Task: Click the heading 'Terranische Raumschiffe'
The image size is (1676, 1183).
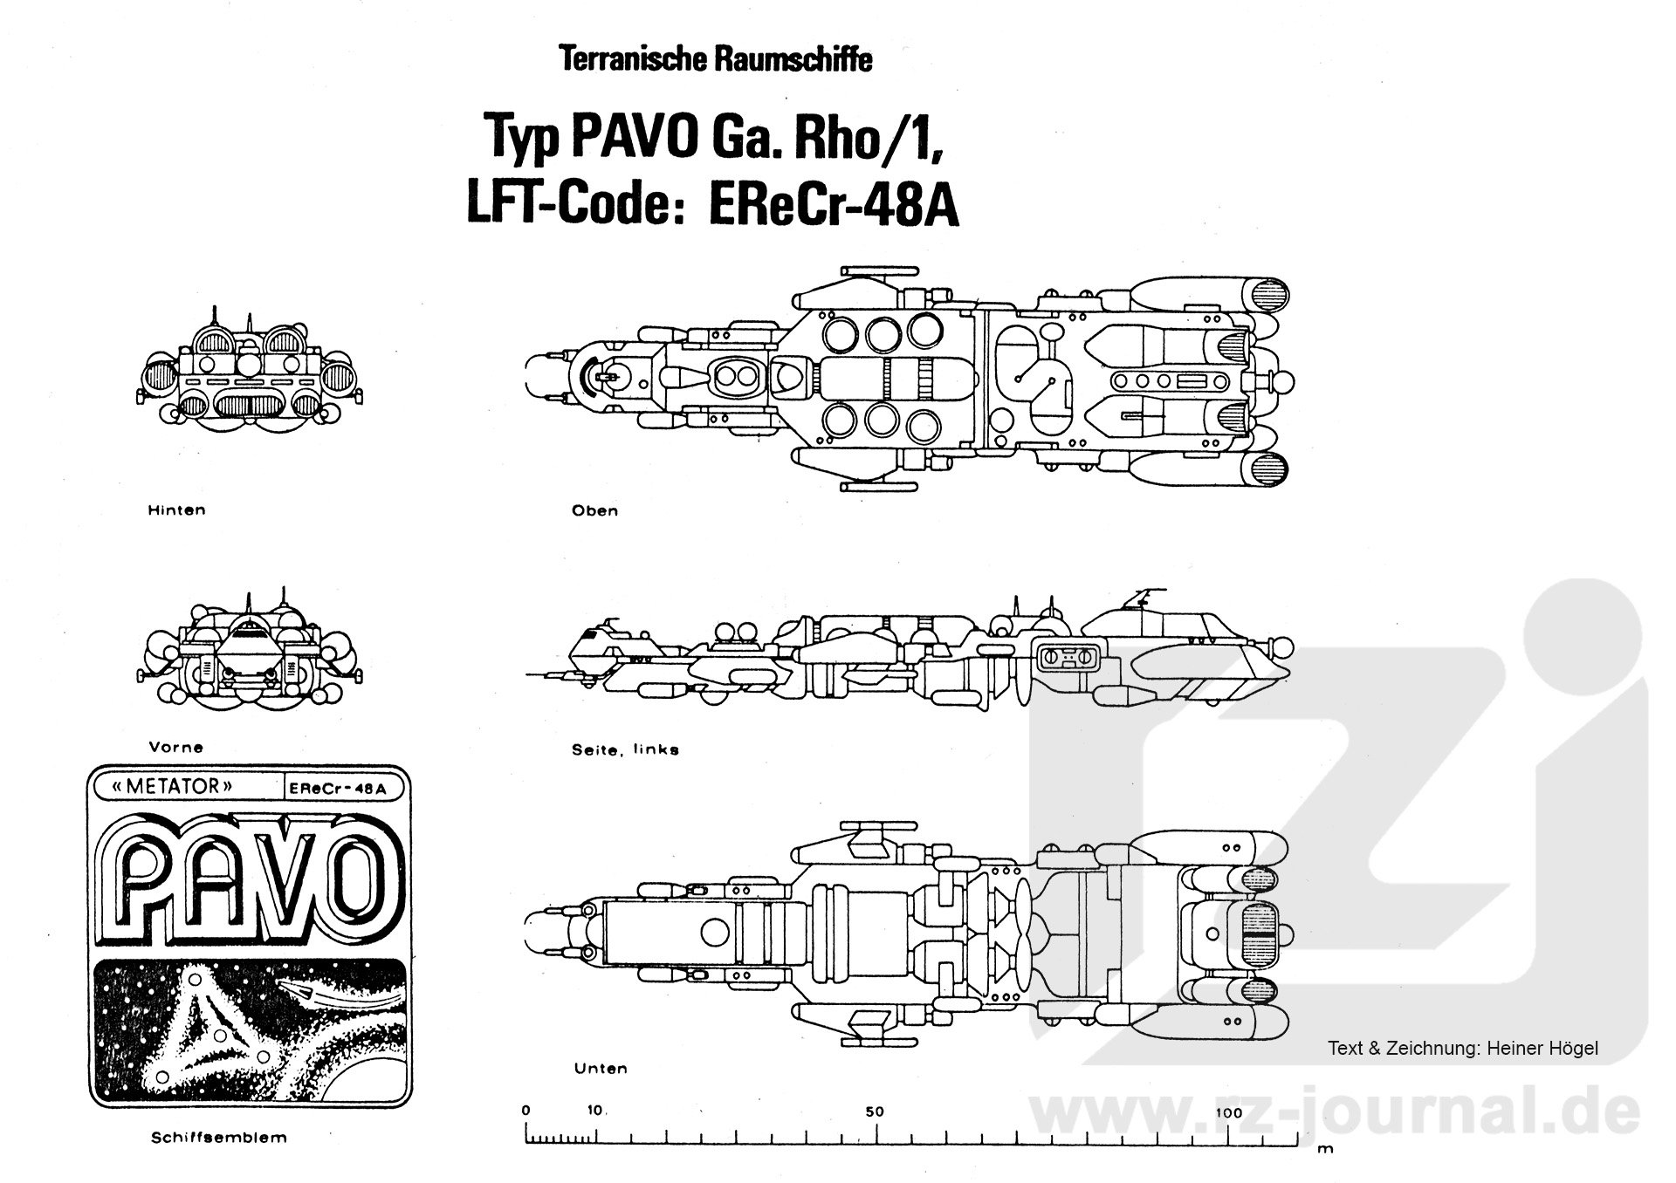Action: pyautogui.click(x=715, y=59)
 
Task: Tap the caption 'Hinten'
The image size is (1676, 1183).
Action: pyautogui.click(x=176, y=510)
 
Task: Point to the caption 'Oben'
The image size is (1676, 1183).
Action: pyautogui.click(x=594, y=510)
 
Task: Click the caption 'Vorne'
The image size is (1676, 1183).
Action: pyautogui.click(x=175, y=747)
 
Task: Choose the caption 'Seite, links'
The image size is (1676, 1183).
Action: pyautogui.click(x=625, y=749)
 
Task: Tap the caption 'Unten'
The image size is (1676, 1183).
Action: pyautogui.click(x=601, y=1068)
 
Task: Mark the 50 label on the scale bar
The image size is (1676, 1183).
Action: pyautogui.click(x=875, y=1111)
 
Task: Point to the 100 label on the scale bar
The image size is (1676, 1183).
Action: pyautogui.click(x=1228, y=1112)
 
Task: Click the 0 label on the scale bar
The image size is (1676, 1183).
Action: pyautogui.click(x=525, y=1111)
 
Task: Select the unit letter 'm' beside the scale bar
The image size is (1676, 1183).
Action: pyautogui.click(x=1325, y=1149)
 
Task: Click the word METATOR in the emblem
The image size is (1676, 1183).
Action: pyautogui.click(x=173, y=786)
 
